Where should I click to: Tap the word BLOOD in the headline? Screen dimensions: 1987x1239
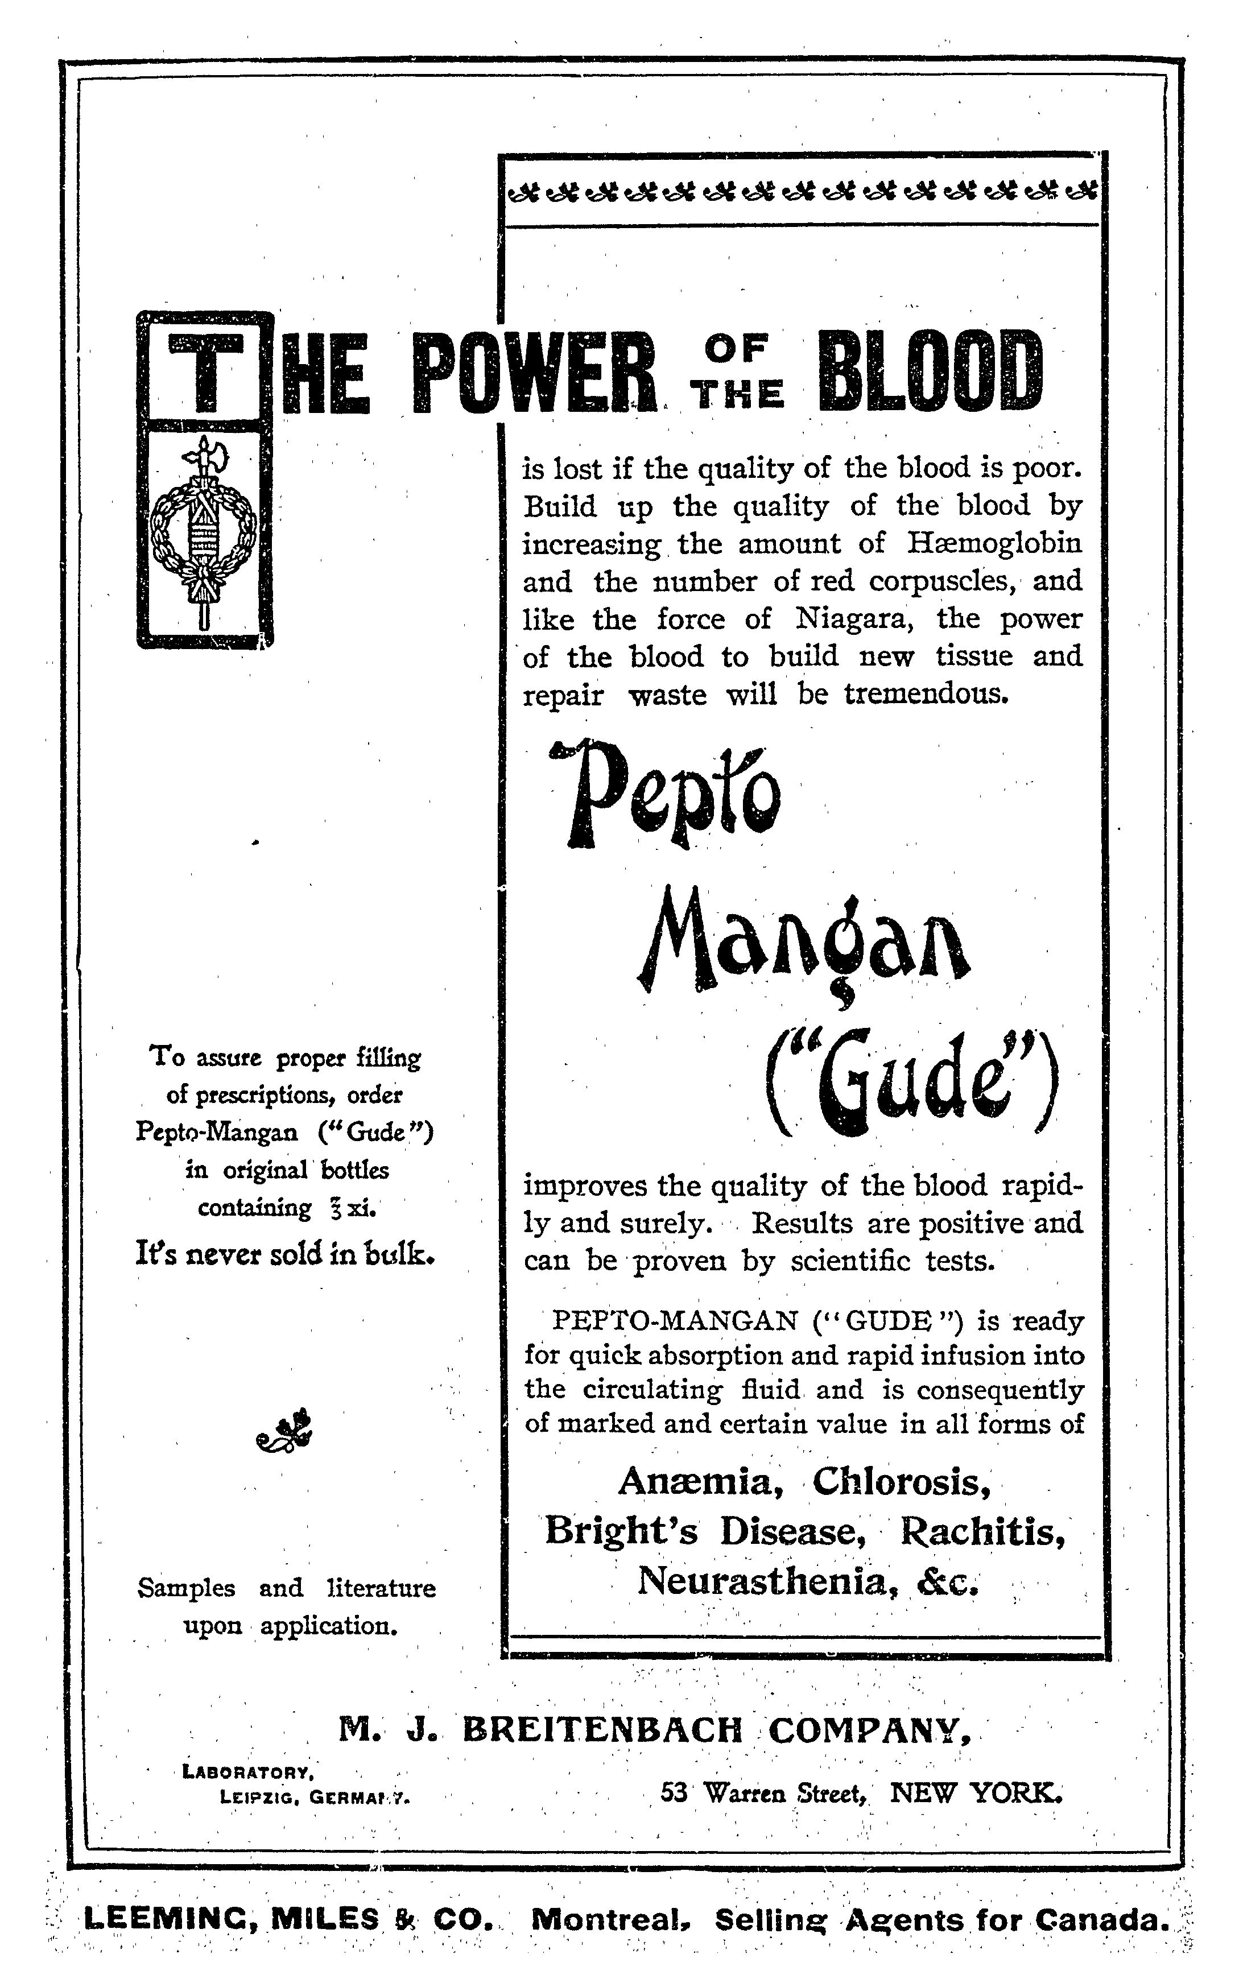(932, 371)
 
